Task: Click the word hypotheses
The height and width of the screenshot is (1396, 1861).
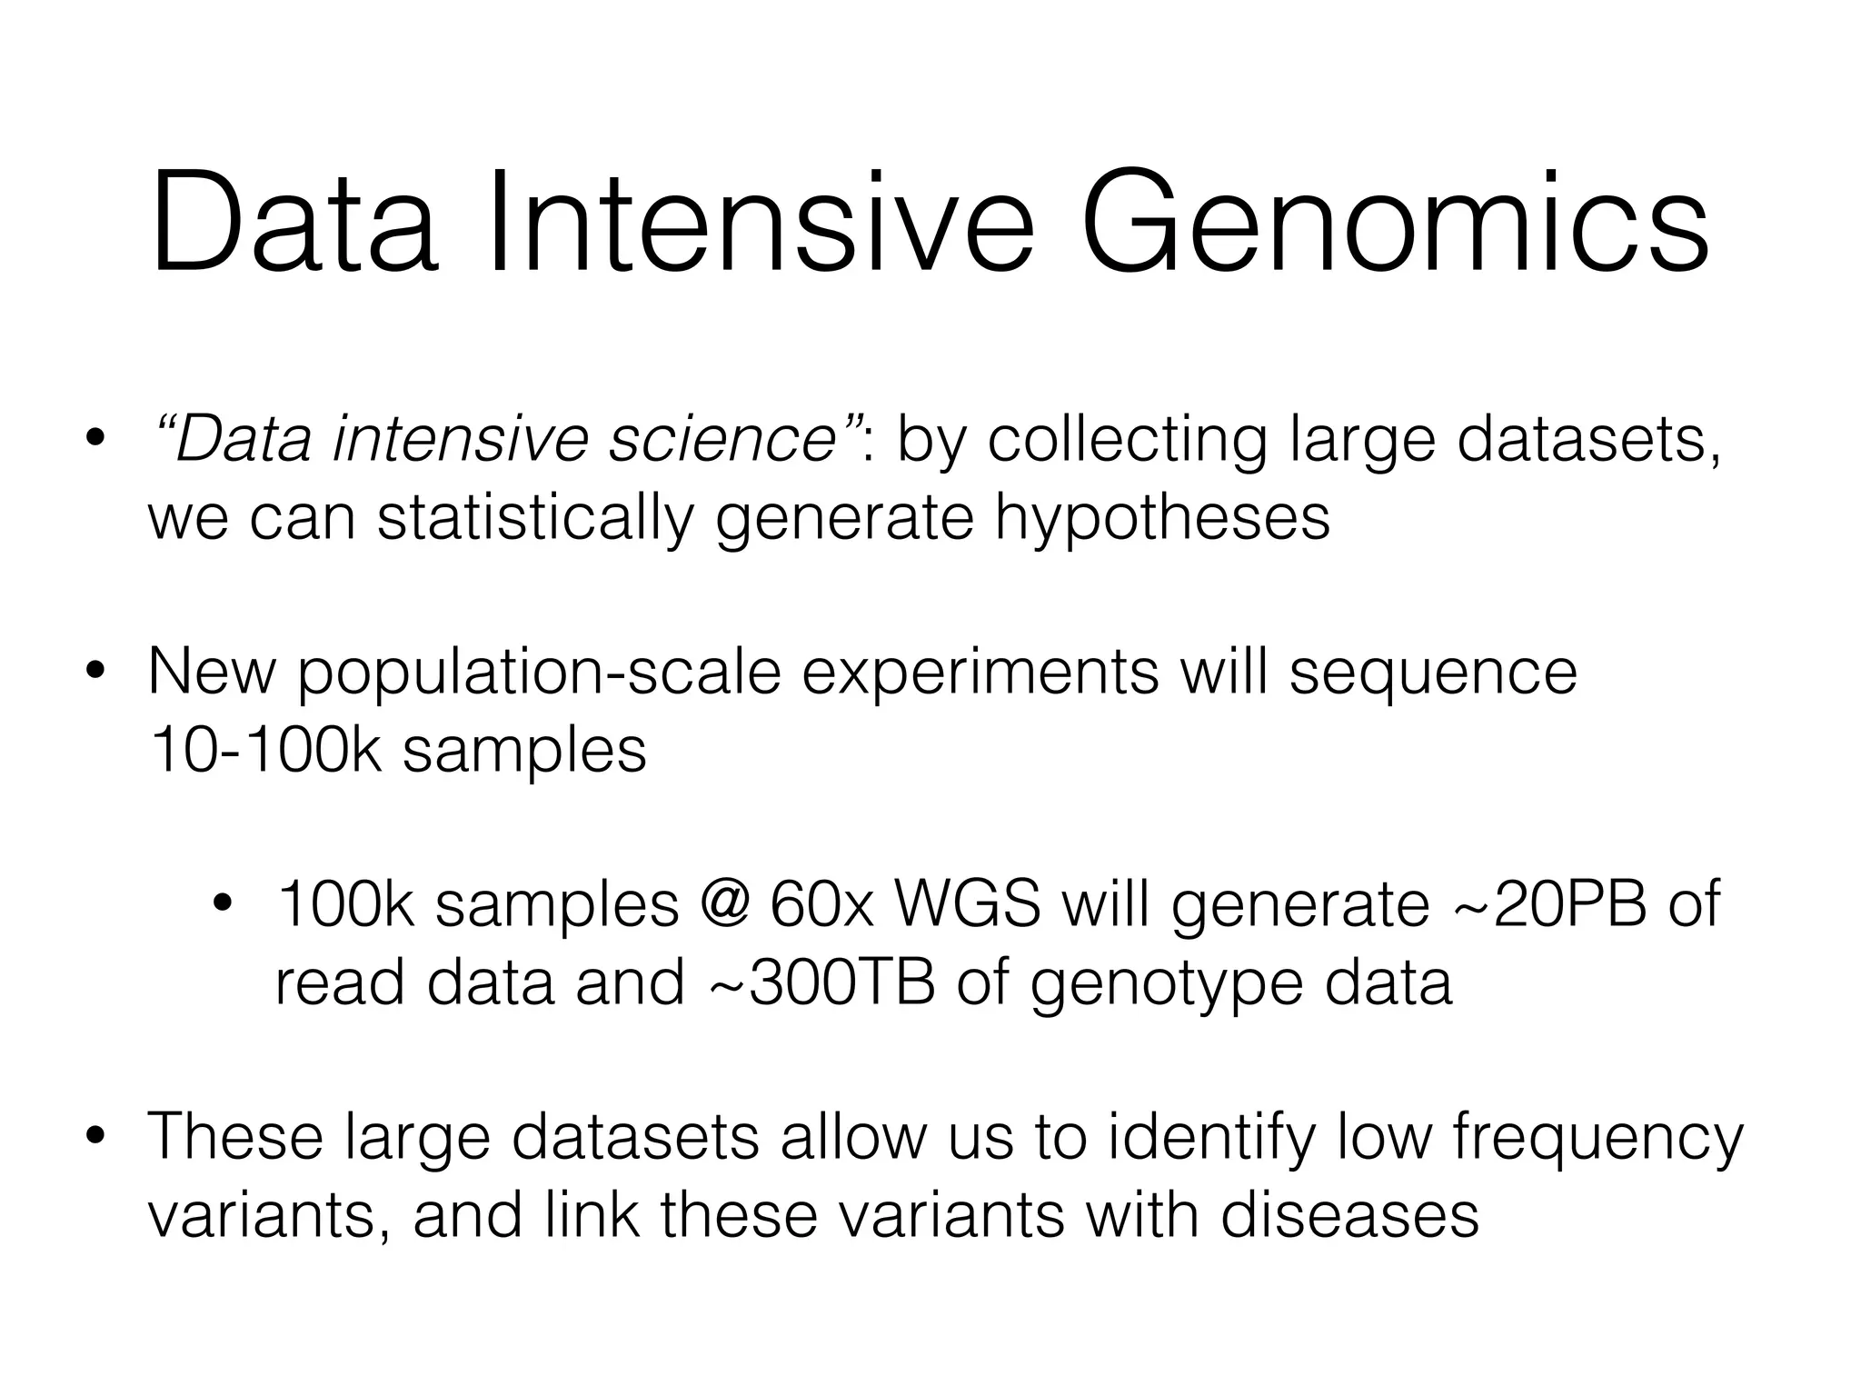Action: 1161,518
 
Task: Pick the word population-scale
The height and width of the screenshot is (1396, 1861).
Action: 540,673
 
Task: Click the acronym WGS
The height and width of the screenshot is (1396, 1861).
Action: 967,905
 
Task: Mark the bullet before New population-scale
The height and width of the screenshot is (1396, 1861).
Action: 94,673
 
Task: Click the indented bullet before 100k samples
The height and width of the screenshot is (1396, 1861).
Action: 222,905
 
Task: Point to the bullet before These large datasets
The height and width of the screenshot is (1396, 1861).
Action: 94,1138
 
